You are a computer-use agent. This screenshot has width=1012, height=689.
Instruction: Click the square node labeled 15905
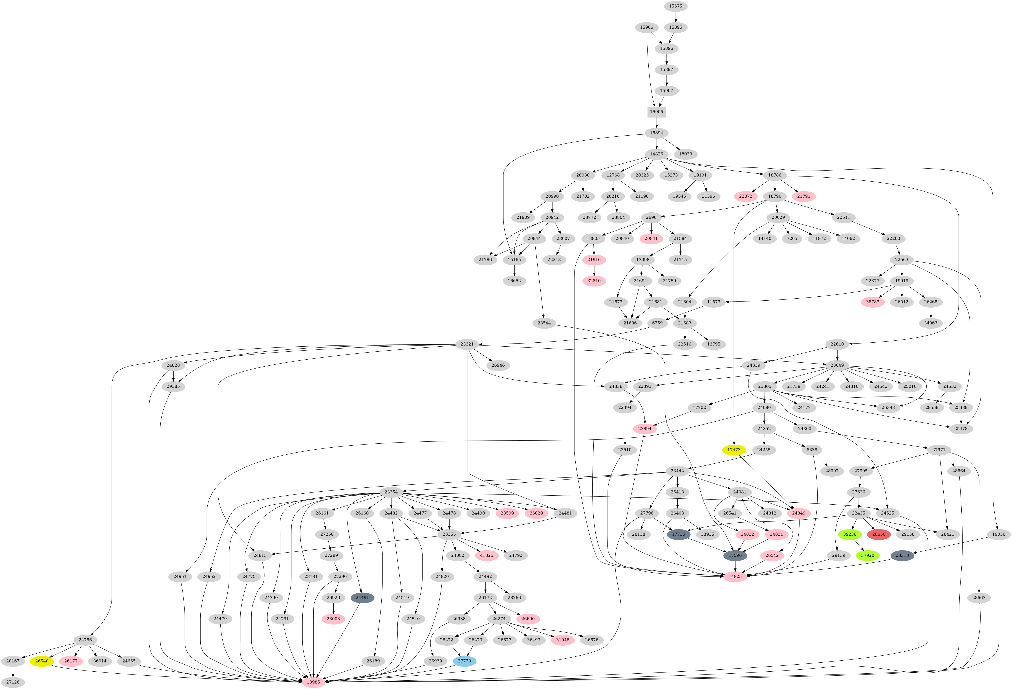656,112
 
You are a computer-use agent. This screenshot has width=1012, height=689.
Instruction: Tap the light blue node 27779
464,661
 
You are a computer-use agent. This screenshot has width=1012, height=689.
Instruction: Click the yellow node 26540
42,661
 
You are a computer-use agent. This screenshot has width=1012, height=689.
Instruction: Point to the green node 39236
850,534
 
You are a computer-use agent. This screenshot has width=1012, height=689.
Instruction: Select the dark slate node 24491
362,597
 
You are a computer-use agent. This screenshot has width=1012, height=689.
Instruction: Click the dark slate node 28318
902,555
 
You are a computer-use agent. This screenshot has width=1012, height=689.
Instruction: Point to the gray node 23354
391,492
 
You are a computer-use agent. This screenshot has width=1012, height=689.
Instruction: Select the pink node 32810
594,281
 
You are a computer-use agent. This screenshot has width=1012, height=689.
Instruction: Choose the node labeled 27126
13,682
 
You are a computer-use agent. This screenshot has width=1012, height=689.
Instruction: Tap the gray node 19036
999,534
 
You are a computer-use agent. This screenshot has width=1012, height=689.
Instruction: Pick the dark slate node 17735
678,534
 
